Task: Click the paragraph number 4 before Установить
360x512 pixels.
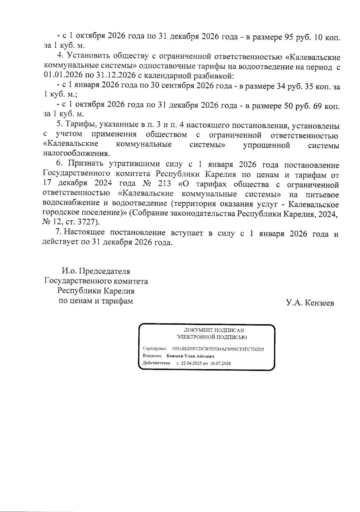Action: coord(59,56)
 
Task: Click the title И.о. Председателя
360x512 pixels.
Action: coord(96,271)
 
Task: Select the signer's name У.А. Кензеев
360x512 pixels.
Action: coord(310,303)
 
